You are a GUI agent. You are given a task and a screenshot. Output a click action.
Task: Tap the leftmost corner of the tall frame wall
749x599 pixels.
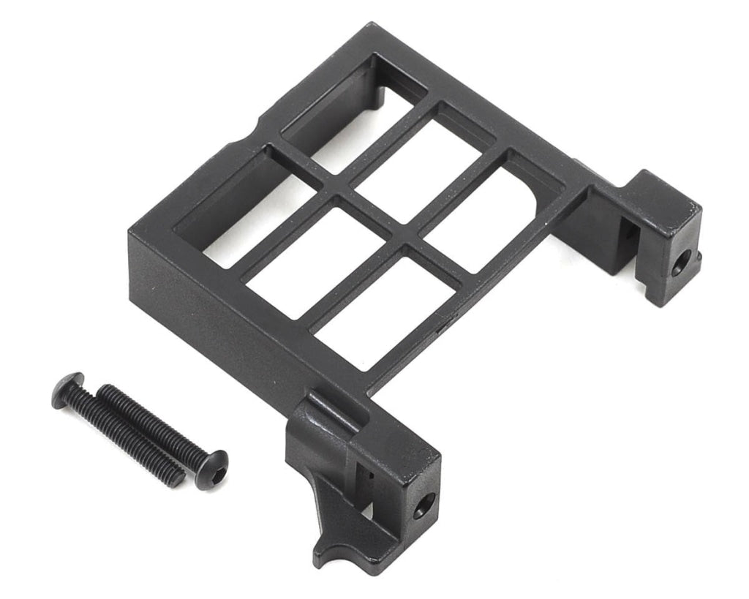click(x=130, y=234)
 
